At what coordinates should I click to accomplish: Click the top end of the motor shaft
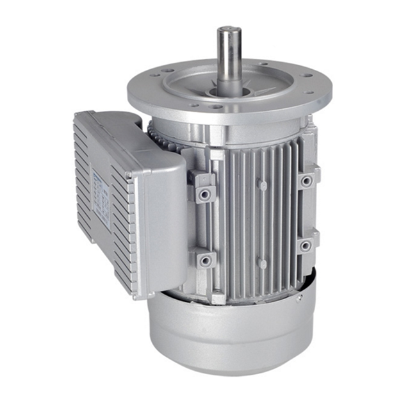[x=229, y=31]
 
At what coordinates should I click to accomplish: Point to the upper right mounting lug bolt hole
[x=307, y=181]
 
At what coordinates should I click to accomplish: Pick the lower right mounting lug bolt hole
[x=306, y=245]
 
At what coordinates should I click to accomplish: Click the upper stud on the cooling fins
[x=263, y=185]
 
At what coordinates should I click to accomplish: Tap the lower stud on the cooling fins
[x=262, y=263]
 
